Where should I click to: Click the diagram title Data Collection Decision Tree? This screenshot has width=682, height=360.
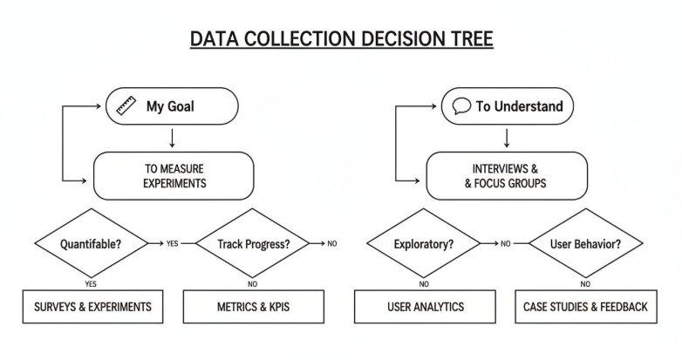pos(341,39)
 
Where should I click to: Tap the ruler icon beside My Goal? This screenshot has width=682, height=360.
pos(126,106)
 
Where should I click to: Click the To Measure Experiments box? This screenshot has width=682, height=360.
pos(174,175)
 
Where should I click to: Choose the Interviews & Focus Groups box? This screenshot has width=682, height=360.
pos(507,175)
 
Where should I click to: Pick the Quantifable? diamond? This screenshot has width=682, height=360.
pos(91,244)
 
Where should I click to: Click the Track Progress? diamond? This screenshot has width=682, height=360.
pos(252,244)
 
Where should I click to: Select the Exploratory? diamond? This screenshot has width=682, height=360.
pos(423,244)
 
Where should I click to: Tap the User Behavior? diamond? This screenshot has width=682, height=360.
pos(586,244)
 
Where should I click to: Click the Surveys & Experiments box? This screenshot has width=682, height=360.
pos(92,307)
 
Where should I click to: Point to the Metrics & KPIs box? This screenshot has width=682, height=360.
pos(253,307)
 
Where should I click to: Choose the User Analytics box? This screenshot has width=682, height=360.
pos(425,307)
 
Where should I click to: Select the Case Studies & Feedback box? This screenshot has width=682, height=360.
pos(585,307)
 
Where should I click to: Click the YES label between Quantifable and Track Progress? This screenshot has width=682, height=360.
pos(172,244)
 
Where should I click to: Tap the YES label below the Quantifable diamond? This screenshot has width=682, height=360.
pos(91,284)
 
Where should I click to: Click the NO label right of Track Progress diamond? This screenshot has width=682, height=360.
pos(331,244)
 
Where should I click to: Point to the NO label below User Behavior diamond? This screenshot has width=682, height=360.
pos(585,284)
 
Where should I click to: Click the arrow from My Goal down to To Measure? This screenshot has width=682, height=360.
pos(173,138)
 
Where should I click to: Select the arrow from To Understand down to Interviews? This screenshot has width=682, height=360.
pos(507,138)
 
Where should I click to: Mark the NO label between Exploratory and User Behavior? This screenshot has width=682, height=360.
pos(505,244)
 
